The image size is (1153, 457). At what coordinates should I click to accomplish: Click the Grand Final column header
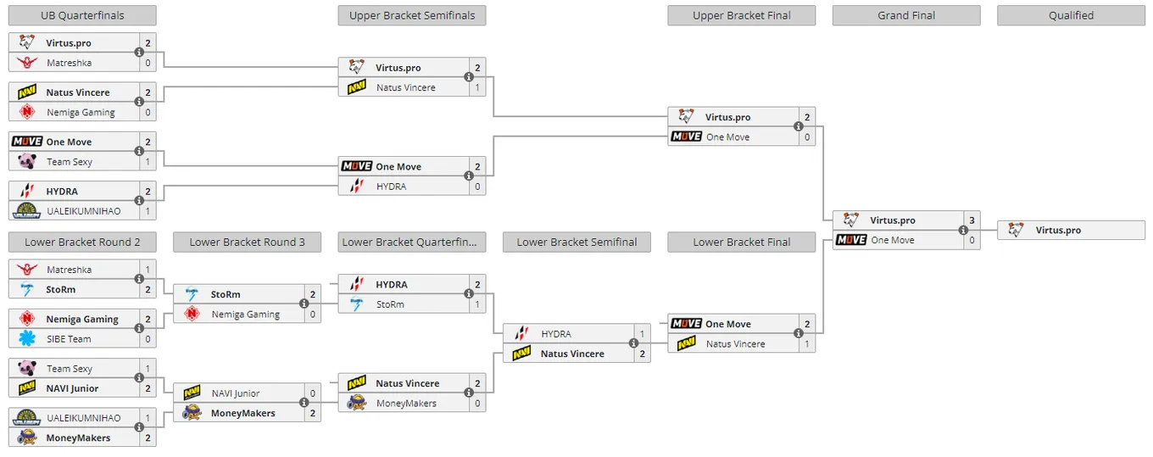[906, 15]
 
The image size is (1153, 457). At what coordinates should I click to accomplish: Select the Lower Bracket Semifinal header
[576, 242]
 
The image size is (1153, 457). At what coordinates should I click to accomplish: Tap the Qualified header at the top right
[1071, 15]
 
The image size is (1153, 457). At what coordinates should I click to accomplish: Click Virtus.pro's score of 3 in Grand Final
[972, 220]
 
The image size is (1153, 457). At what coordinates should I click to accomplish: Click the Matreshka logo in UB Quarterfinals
[27, 63]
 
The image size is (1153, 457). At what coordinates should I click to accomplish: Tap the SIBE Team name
[69, 339]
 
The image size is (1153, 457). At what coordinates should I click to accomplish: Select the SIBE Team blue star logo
[27, 338]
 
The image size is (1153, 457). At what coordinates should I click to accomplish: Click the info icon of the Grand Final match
[963, 230]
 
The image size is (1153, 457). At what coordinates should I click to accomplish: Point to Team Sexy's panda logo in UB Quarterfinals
[27, 162]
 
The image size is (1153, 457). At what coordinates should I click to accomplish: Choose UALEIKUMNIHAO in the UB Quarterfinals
[83, 211]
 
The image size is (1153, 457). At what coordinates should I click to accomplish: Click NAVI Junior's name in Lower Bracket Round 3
[236, 393]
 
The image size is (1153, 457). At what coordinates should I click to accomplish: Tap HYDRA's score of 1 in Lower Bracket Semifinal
[642, 334]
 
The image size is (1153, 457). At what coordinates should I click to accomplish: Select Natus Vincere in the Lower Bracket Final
[736, 343]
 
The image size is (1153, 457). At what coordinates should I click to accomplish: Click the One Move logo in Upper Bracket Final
[686, 137]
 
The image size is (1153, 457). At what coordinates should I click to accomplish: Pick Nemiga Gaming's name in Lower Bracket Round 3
[246, 314]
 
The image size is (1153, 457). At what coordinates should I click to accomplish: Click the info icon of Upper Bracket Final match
[799, 126]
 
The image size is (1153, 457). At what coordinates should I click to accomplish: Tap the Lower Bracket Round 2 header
[82, 242]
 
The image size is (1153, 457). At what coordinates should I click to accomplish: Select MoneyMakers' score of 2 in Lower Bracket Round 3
[313, 413]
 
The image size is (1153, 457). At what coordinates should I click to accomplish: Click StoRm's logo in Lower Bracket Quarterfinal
[356, 304]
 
